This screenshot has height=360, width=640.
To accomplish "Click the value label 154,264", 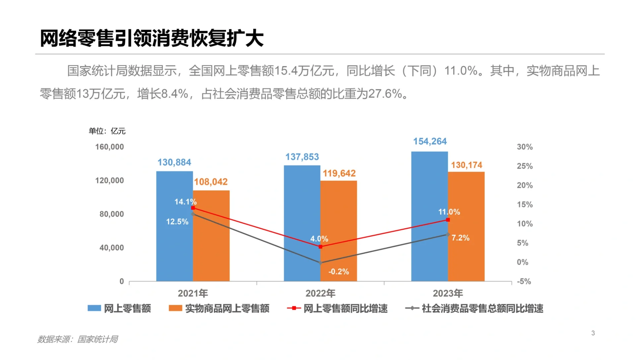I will (x=430, y=141).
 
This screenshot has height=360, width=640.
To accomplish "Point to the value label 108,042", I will (x=211, y=182).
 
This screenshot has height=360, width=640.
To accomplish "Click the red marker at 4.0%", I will (x=320, y=247).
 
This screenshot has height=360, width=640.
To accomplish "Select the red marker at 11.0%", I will (x=448, y=220).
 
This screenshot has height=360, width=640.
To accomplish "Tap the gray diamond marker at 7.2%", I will (x=448, y=235).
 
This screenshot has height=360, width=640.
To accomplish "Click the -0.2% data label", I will (x=338, y=272).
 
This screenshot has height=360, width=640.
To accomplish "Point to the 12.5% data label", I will (x=177, y=222).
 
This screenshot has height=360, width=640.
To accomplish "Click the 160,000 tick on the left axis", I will (x=109, y=147).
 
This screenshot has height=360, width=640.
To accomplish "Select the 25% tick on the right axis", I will (x=524, y=166).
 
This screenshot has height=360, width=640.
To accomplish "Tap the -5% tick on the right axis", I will (x=524, y=281).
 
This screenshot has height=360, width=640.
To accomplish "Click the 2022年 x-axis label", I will (x=320, y=293).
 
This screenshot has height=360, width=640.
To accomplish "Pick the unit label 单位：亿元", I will (x=107, y=131).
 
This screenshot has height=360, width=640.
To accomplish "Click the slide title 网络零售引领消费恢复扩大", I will (x=152, y=38).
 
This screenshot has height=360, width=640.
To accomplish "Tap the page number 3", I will (x=593, y=333).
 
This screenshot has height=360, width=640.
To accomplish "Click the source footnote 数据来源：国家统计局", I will (x=77, y=339).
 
